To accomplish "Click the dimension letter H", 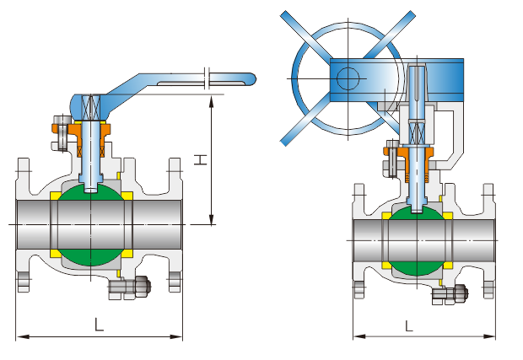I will (x=200, y=159).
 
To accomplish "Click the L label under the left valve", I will (x=99, y=323).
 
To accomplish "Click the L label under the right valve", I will (x=409, y=324).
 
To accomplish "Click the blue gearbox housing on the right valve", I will (x=439, y=76).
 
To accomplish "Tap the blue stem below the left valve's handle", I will (x=90, y=156).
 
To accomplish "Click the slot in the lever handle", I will (x=181, y=83).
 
